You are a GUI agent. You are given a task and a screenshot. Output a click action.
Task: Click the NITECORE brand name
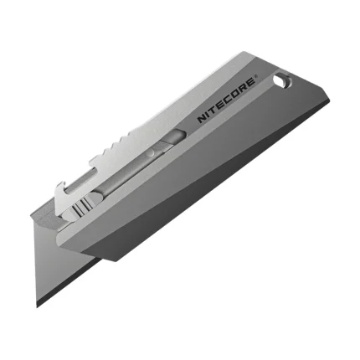tap(227, 100)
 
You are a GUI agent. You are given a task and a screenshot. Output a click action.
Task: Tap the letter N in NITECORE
tap(202, 120)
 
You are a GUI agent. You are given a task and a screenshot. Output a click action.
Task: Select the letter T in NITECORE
tap(213, 110)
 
